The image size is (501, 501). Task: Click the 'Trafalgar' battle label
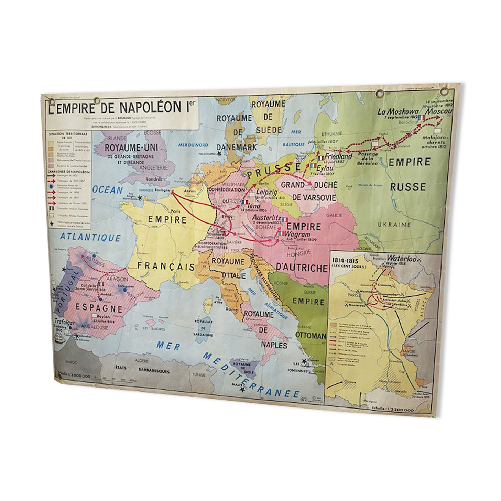point(64,321)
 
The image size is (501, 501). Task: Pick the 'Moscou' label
point(439,111)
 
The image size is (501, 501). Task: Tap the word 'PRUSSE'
point(273,169)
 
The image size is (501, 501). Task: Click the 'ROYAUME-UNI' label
point(131,148)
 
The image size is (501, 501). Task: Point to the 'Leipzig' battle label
point(266,192)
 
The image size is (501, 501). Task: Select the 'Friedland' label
point(338,156)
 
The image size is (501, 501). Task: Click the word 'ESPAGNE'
point(99,308)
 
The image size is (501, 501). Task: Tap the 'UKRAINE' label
point(394,225)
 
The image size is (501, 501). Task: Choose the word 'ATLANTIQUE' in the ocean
point(90,237)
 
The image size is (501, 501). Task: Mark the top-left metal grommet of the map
point(52,101)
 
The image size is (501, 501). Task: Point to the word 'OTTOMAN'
point(311,335)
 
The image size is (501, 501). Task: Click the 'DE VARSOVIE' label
point(314,197)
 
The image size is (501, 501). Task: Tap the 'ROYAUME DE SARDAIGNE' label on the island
point(204,328)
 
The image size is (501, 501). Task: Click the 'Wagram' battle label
point(297,234)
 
